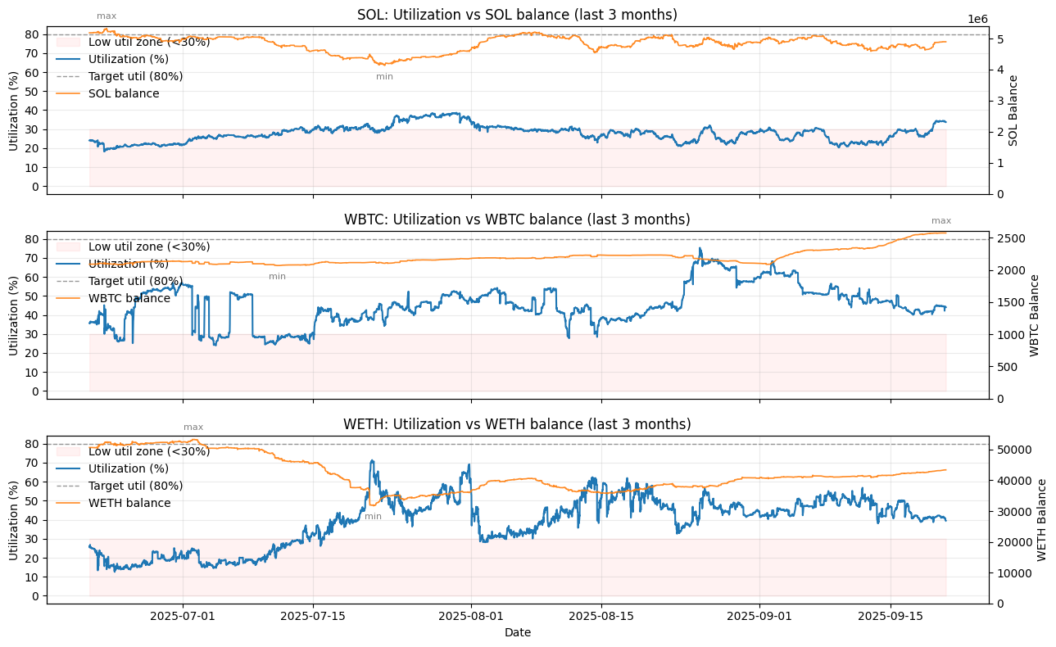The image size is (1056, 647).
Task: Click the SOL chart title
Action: pyautogui.click(x=517, y=15)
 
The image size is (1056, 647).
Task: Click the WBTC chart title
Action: pyautogui.click(x=517, y=219)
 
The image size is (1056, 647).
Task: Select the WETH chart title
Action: pyautogui.click(x=517, y=424)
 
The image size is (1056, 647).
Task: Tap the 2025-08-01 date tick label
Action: pyautogui.click(x=471, y=617)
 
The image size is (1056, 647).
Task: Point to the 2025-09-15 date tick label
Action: pyautogui.click(x=891, y=617)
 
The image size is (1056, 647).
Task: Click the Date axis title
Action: pyautogui.click(x=517, y=632)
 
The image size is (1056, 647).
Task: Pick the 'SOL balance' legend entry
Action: pyautogui.click(x=124, y=93)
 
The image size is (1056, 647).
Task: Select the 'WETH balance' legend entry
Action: pyautogui.click(x=129, y=503)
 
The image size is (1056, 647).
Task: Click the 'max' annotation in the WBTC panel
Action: pyautogui.click(x=941, y=220)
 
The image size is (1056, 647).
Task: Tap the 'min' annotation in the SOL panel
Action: pyautogui.click(x=384, y=77)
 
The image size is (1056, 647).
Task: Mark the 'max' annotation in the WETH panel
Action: pyautogui.click(x=193, y=427)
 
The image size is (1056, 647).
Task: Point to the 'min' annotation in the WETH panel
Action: pyautogui.click(x=373, y=517)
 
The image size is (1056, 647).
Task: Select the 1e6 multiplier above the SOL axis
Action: pyautogui.click(x=977, y=19)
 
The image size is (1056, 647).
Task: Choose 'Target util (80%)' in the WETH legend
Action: pyautogui.click(x=135, y=486)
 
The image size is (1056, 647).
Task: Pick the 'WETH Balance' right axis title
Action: pyautogui.click(x=1041, y=520)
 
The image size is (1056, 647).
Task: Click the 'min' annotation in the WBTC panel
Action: pyautogui.click(x=277, y=276)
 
